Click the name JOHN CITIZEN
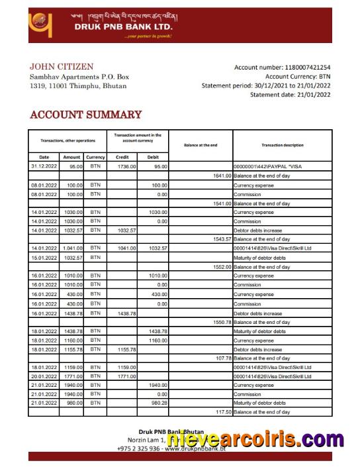[62, 67]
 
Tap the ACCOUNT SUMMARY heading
[85, 115]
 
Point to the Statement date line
[290, 95]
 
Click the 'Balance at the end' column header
[200, 144]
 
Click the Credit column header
[122, 157]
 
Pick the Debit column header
[153, 157]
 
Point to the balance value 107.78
[223, 358]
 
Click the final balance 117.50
[223, 412]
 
